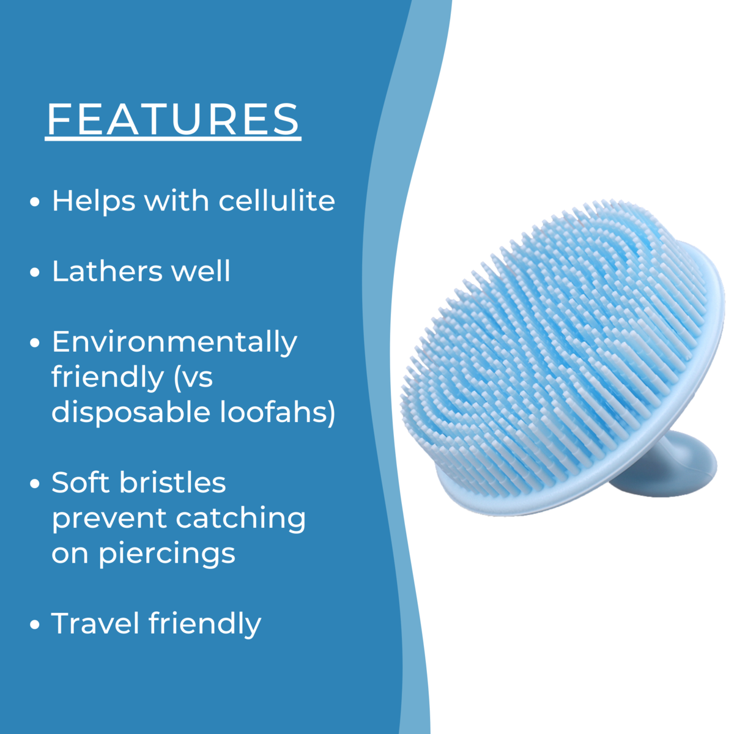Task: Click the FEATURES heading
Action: pyautogui.click(x=173, y=119)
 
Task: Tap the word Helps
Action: pyautogui.click(x=94, y=201)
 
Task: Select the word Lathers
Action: pyautogui.click(x=108, y=271)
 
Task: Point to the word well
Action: pyautogui.click(x=201, y=271)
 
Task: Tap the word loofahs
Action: pyautogui.click(x=278, y=412)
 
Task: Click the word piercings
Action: pyautogui.click(x=167, y=555)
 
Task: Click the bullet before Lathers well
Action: pyautogui.click(x=35, y=272)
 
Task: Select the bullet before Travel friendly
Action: pyautogui.click(x=35, y=625)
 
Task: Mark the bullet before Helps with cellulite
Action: pyautogui.click(x=35, y=202)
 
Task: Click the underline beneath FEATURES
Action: pyautogui.click(x=173, y=139)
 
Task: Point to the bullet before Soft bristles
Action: pyautogui.click(x=35, y=484)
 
